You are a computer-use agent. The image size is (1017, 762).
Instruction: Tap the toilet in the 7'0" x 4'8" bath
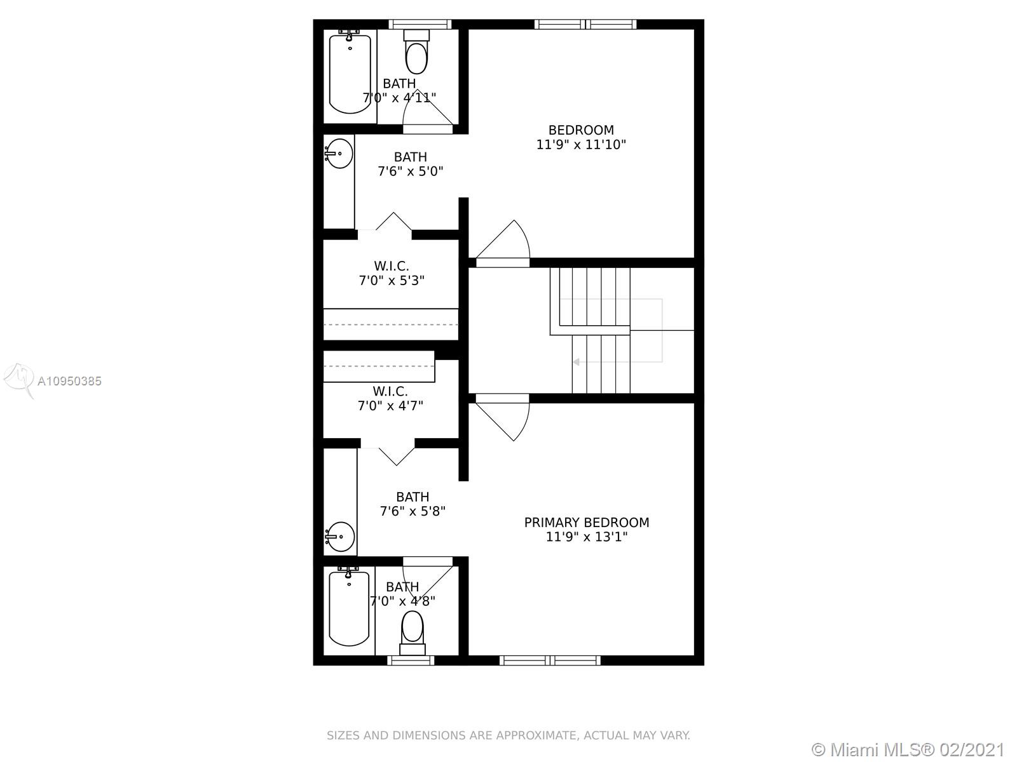tap(413, 633)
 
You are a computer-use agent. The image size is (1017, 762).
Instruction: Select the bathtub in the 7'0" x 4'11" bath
tap(350, 74)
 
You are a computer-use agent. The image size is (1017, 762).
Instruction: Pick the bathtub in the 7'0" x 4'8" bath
tap(349, 608)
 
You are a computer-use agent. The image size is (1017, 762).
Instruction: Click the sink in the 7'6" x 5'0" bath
tap(339, 154)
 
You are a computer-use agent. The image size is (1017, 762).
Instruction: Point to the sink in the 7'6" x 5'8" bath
tap(340, 537)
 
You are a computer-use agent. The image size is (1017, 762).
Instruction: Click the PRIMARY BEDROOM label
tap(587, 523)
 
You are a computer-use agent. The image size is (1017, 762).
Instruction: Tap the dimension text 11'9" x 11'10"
tap(581, 145)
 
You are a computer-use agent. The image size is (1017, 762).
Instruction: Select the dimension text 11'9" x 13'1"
tap(587, 537)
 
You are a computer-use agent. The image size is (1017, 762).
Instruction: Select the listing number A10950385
tap(69, 381)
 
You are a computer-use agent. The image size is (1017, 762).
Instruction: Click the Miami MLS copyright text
tap(908, 749)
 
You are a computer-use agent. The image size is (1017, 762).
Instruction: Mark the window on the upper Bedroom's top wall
tap(585, 25)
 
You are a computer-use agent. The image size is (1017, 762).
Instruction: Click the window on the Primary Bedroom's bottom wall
tap(550, 660)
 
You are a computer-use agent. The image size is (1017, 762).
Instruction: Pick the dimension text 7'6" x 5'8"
tap(413, 511)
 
